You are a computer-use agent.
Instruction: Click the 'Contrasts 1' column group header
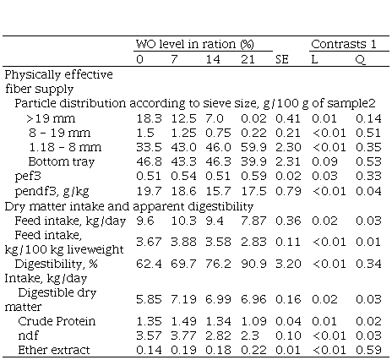pyautogui.click(x=344, y=44)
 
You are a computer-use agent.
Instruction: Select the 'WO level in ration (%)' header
pyautogui.click(x=195, y=44)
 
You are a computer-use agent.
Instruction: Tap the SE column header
pyautogui.click(x=282, y=59)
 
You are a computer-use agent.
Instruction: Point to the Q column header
pyautogui.click(x=361, y=60)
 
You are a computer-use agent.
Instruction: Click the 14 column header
pyautogui.click(x=213, y=59)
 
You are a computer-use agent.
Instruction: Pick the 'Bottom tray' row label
pyautogui.click(x=62, y=161)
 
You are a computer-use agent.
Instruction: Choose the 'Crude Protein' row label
pyautogui.click(x=57, y=321)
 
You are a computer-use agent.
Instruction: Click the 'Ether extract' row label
pyautogui.click(x=54, y=350)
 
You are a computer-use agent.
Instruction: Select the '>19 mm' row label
pyautogui.click(x=51, y=118)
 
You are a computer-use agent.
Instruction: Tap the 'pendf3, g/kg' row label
pyautogui.click(x=52, y=191)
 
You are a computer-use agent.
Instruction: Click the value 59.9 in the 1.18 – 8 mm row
pyautogui.click(x=253, y=147)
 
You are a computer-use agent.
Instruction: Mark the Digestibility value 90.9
pyautogui.click(x=253, y=264)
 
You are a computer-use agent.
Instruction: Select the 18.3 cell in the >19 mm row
pyautogui.click(x=149, y=118)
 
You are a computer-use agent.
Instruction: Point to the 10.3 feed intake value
pyautogui.click(x=183, y=221)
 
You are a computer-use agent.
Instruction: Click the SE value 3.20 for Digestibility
pyautogui.click(x=288, y=264)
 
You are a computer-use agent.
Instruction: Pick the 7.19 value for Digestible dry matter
pyautogui.click(x=183, y=299)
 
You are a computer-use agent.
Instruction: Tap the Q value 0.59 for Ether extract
pyautogui.click(x=368, y=350)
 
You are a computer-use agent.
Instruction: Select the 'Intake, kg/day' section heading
pyautogui.click(x=46, y=279)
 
